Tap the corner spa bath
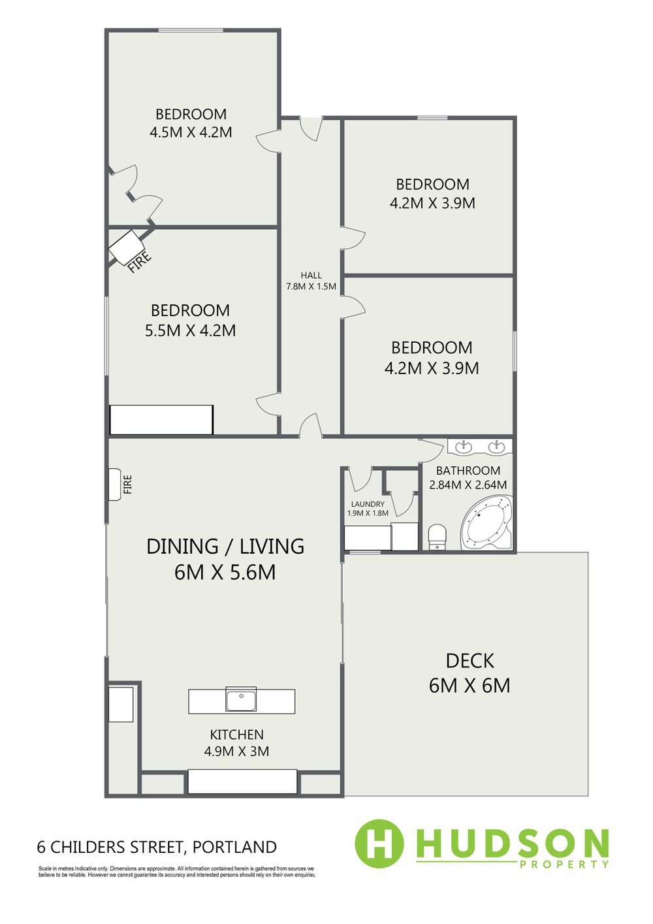[486, 522]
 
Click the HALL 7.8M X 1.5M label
[311, 281]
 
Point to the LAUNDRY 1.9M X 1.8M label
[368, 509]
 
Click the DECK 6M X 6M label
[470, 673]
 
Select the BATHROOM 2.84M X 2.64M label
[468, 477]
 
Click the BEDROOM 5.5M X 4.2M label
[190, 320]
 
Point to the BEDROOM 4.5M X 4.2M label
[191, 123]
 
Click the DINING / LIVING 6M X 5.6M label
[225, 560]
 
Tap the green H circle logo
[379, 843]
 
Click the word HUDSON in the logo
[512, 842]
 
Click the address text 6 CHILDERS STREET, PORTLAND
[157, 847]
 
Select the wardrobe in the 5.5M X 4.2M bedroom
[161, 419]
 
